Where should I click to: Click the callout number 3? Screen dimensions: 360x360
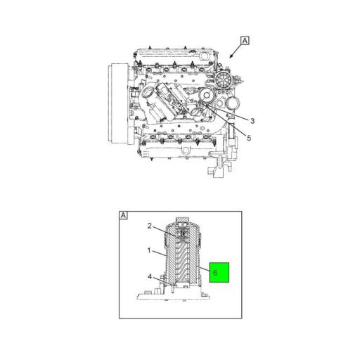[252, 121]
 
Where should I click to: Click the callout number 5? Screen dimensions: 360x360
[249, 138]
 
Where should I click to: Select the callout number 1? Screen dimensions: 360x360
[149, 250]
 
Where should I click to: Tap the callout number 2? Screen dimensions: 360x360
[150, 226]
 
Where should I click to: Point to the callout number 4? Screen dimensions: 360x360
[150, 277]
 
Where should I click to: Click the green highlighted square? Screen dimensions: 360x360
[219, 272]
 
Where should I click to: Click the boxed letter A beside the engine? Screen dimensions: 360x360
[245, 41]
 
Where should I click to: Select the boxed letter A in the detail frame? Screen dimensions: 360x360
[123, 215]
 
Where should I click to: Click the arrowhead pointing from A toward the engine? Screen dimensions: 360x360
[231, 56]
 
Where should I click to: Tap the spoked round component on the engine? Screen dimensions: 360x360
[223, 80]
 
